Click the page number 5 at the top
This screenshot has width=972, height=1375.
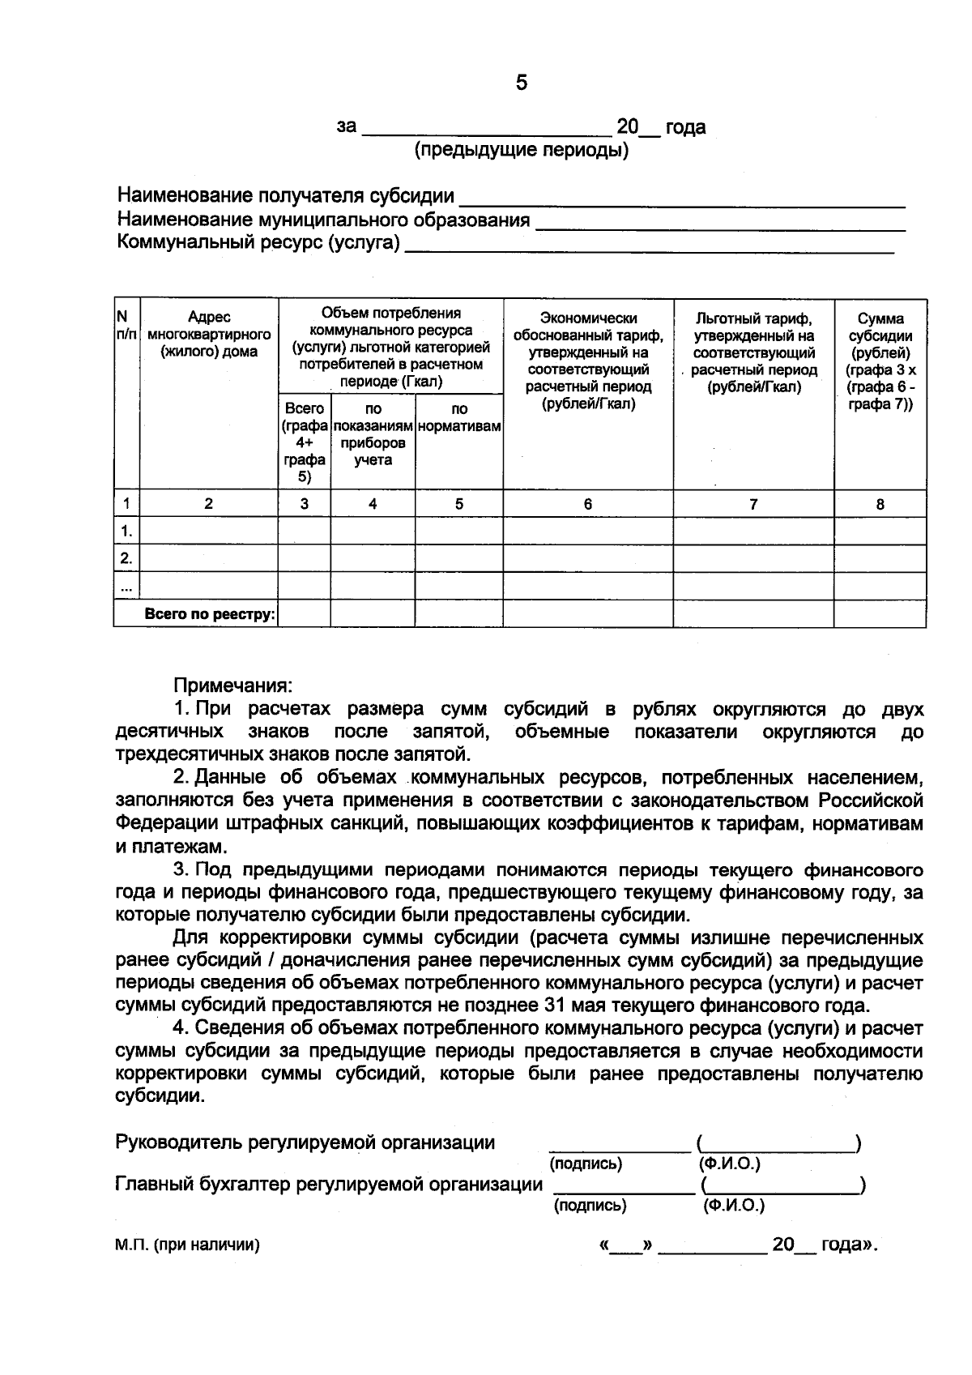click(x=521, y=83)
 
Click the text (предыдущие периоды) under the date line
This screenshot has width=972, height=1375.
click(x=522, y=151)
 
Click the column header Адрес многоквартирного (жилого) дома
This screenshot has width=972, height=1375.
click(x=209, y=335)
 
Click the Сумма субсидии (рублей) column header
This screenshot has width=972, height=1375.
click(x=880, y=361)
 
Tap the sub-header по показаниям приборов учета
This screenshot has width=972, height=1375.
click(x=373, y=435)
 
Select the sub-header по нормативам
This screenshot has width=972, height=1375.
click(x=459, y=418)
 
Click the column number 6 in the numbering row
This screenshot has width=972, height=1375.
click(x=588, y=504)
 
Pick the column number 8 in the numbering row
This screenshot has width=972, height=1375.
click(x=880, y=504)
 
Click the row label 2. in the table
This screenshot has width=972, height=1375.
click(x=126, y=558)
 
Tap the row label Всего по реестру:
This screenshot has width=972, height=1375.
click(x=210, y=614)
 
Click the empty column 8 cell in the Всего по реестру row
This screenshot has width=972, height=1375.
click(x=880, y=614)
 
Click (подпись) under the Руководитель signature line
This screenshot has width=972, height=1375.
click(x=586, y=1164)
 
